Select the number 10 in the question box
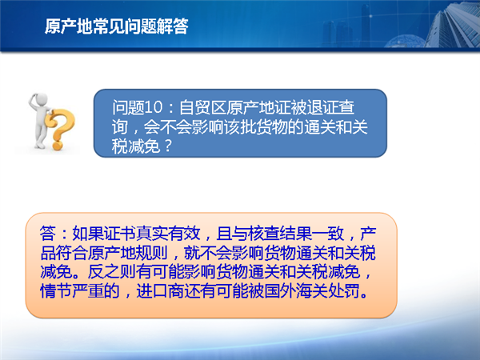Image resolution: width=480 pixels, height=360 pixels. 154,107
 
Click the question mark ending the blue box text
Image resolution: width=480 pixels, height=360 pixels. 168,146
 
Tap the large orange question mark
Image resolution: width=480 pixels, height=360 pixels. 60,130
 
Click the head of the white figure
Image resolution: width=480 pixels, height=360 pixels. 42,100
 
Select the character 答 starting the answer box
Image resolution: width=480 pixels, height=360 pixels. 48,234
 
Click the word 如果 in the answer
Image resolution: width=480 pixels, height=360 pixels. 88,234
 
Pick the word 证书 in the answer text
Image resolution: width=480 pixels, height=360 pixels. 120,234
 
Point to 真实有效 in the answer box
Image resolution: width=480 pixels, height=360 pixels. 168,234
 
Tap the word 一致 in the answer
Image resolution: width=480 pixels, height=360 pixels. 328,234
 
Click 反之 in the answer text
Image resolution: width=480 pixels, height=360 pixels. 104,272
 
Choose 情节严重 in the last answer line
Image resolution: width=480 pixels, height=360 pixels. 72,291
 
